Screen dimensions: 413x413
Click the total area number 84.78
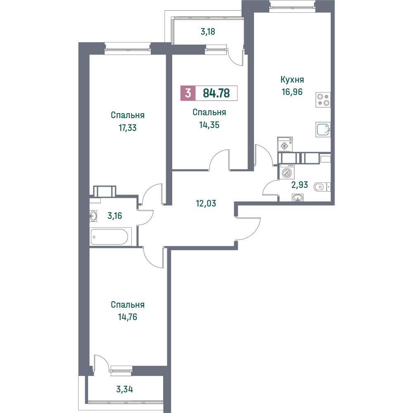pyautogui.click(x=216, y=93)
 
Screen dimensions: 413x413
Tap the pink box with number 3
pyautogui.click(x=188, y=93)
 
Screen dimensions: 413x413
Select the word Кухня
pyautogui.click(x=292, y=79)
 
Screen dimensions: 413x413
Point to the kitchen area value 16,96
pyautogui.click(x=292, y=92)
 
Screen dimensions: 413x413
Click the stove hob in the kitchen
pyautogui.click(x=323, y=100)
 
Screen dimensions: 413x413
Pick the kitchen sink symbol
pyautogui.click(x=323, y=130)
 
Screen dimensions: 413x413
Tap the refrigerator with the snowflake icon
pyautogui.click(x=285, y=144)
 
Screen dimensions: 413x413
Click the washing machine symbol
pyautogui.click(x=287, y=172)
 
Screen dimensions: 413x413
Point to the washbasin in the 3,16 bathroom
pyautogui.click(x=93, y=216)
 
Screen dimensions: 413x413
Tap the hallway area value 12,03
pyautogui.click(x=206, y=203)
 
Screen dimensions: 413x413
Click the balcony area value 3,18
pyautogui.click(x=208, y=32)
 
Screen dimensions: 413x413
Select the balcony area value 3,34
pyautogui.click(x=125, y=389)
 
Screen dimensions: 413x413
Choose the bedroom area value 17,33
pyautogui.click(x=128, y=128)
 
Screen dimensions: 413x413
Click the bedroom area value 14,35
pyautogui.click(x=209, y=125)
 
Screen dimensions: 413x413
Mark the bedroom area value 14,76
pyautogui.click(x=128, y=317)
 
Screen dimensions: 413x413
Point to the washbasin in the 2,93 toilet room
pyautogui.click(x=298, y=197)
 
